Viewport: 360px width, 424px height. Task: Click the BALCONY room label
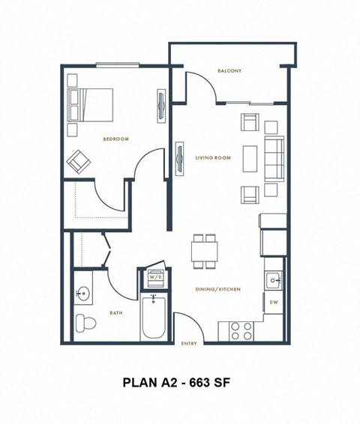[229, 71]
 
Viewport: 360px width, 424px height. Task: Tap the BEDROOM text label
[116, 139]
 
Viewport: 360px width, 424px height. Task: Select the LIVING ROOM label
[213, 158]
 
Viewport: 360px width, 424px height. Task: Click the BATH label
[115, 314]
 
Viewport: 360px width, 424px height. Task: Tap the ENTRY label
[189, 344]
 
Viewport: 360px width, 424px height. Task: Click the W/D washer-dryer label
[155, 276]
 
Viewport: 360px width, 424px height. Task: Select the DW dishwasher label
[274, 302]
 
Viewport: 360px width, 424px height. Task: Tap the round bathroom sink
[82, 294]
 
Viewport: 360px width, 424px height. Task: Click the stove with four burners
[240, 330]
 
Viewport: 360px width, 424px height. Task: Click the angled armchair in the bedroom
[78, 160]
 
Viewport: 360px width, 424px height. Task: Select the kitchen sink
[274, 281]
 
